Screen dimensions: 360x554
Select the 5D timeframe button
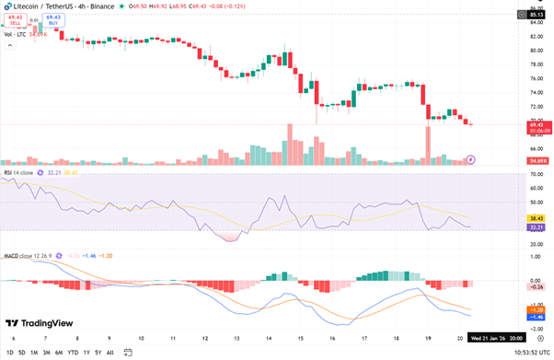pos(21,352)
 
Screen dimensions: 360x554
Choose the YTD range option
pos(72,352)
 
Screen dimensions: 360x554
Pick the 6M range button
pos(58,352)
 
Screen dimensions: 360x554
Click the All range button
pos(111,352)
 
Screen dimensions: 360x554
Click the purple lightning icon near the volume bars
pos(471,159)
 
